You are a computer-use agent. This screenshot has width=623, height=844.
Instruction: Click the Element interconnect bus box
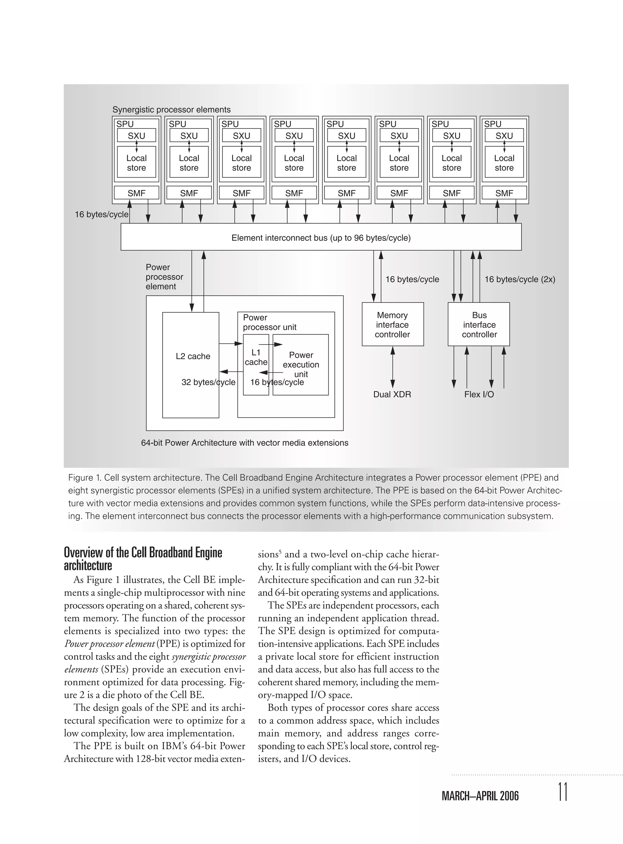pos(321,237)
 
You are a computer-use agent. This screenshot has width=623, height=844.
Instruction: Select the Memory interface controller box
pos(393,324)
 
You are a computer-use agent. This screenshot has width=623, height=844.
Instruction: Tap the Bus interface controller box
pos(479,324)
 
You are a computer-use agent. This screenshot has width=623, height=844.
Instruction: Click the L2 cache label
pos(193,356)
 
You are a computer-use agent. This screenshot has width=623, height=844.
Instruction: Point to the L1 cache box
pos(256,364)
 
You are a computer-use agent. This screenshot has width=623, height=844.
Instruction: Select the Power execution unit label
pos(301,364)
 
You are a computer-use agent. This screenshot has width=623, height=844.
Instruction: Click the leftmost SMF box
pos(136,193)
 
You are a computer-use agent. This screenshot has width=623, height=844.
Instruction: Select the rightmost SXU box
pos(504,135)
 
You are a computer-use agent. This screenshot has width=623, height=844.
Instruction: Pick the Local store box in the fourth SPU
pos(294,163)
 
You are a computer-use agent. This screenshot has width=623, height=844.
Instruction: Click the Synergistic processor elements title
pos(172,109)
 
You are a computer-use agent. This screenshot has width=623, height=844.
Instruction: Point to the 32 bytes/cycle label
pos(208,382)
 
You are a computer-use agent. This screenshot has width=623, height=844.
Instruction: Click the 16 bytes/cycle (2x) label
pos(520,279)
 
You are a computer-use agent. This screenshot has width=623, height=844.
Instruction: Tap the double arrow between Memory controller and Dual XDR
pos(393,365)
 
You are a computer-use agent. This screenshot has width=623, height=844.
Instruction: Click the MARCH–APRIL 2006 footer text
pos(480,796)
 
